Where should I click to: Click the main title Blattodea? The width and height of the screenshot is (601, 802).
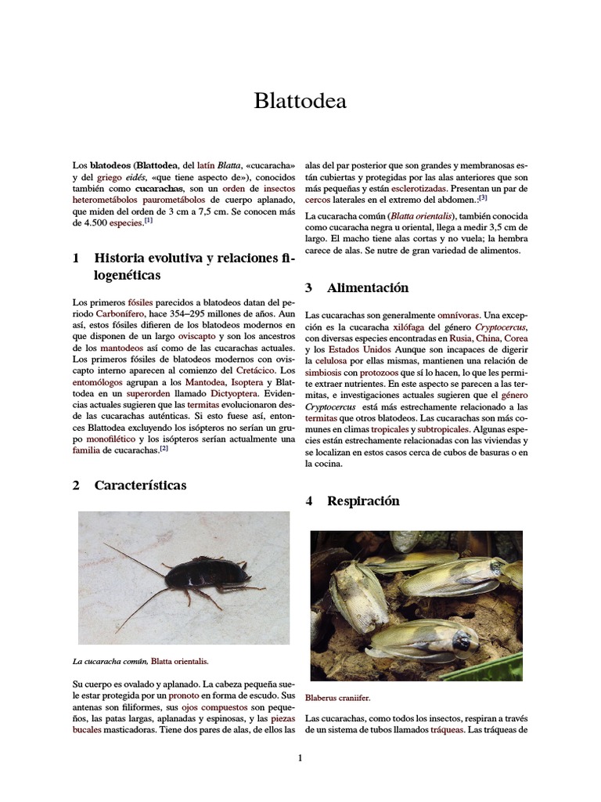click(x=300, y=101)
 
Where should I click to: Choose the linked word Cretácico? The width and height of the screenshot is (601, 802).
click(x=261, y=370)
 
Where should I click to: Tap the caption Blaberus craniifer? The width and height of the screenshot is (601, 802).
click(x=338, y=697)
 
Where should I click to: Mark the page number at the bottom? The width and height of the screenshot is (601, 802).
click(x=300, y=757)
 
